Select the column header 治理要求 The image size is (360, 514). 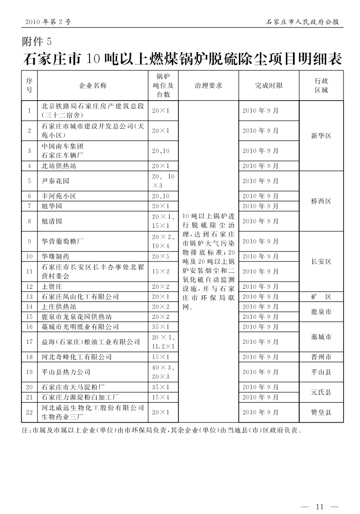(209, 86)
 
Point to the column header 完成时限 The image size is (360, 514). (268, 86)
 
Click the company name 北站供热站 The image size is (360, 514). (59, 166)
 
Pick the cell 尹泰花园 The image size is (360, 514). (55, 181)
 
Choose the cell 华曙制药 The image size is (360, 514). (55, 256)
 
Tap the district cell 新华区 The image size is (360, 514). (321, 136)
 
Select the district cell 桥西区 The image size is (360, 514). (321, 201)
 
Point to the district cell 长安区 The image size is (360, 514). (321, 261)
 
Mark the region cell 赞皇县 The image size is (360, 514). (321, 411)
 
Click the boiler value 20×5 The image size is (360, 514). (160, 256)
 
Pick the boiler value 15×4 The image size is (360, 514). (160, 397)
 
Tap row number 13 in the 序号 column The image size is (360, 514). (30, 296)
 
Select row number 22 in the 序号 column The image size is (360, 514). (30, 411)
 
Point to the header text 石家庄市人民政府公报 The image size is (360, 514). (304, 22)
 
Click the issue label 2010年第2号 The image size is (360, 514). (47, 22)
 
